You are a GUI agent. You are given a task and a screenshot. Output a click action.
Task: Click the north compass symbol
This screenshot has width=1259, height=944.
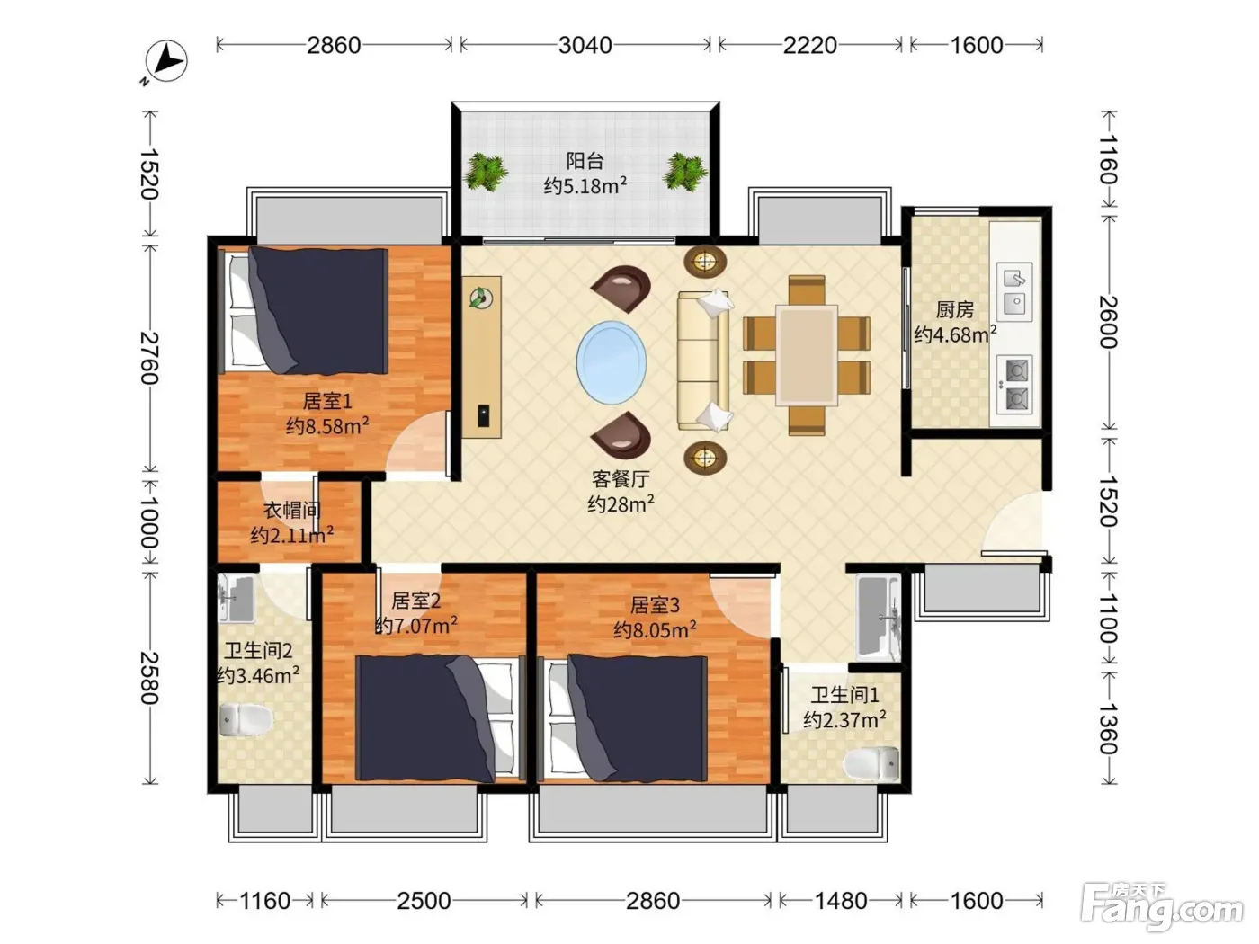pos(165,61)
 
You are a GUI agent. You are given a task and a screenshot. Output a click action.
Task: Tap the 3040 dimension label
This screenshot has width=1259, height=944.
pos(585,45)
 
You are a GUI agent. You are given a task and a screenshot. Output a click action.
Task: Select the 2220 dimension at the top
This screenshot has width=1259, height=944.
pos(810,45)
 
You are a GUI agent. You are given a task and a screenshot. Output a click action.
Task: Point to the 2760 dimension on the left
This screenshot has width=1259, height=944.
pos(149,358)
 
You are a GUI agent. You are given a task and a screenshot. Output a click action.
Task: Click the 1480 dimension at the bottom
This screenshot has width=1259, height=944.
pos(841,902)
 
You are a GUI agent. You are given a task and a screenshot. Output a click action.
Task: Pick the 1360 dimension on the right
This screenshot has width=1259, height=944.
pos(1109,729)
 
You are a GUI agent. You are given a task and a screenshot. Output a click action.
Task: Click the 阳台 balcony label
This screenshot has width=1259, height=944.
pos(585,161)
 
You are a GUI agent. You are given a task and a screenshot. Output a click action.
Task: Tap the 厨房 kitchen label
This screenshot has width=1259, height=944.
pos(955,310)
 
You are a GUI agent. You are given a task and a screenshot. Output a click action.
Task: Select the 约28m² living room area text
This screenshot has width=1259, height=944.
pos(621,504)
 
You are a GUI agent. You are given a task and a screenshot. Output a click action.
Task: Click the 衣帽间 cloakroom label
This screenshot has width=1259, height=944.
pos(291,510)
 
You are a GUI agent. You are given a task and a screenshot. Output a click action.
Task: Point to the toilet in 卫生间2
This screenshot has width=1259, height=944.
pos(246,720)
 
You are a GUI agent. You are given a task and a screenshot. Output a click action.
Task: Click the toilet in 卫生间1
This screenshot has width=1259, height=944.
pos(871,763)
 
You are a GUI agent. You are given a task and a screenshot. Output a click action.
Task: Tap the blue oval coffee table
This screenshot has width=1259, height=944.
pos(612,363)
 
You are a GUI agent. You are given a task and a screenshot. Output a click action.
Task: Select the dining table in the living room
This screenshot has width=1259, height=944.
pos(807,356)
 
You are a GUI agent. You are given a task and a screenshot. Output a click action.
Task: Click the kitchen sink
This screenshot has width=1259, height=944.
pos(1014,291)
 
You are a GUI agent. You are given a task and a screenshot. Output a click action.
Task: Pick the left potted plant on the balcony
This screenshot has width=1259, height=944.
pos(486,172)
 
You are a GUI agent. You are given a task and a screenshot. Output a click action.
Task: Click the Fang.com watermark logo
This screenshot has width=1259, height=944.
pos(1163,906)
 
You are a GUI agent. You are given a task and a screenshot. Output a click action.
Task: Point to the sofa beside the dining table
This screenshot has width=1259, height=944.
pos(703,361)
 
